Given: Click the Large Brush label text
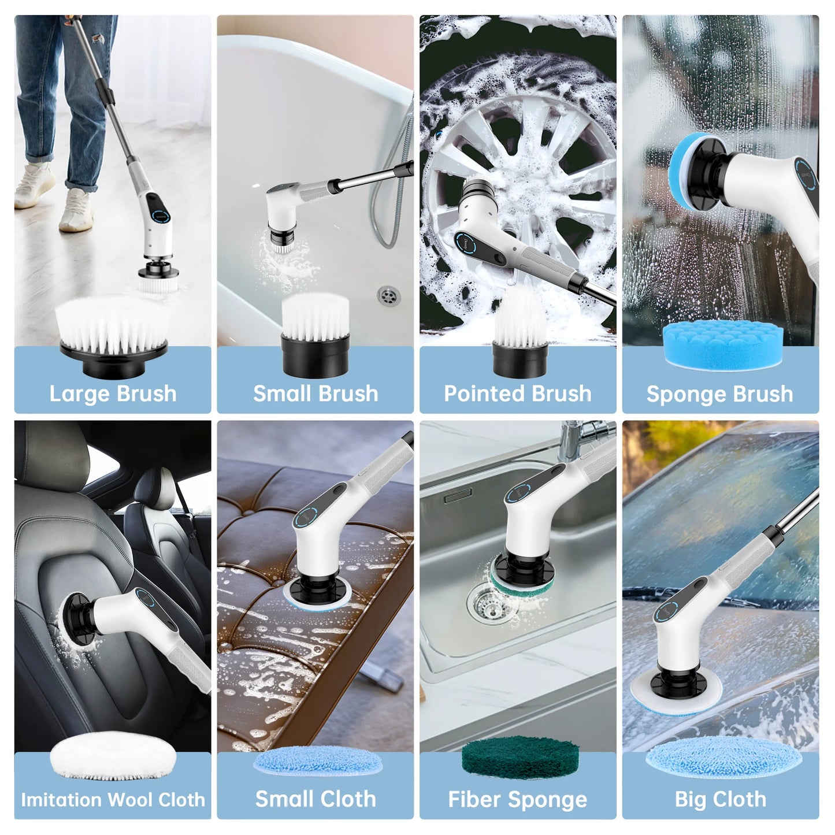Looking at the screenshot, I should [113, 394].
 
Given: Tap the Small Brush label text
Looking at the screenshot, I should [316, 394].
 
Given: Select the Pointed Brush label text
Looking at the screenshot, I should [518, 394].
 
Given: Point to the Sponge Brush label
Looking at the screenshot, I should [720, 394].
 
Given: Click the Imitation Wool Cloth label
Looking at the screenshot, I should [113, 800].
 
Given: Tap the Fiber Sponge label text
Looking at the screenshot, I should [518, 800].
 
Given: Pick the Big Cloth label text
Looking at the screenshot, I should [721, 800].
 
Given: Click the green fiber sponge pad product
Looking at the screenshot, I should [520, 759].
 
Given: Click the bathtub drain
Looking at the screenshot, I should [388, 296].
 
